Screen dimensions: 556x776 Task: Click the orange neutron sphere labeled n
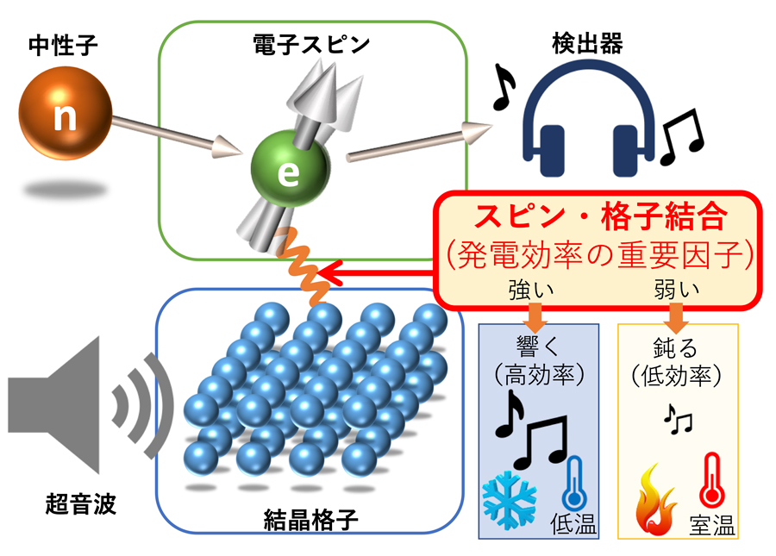tap(66, 116)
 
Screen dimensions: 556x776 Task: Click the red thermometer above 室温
tap(712, 483)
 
